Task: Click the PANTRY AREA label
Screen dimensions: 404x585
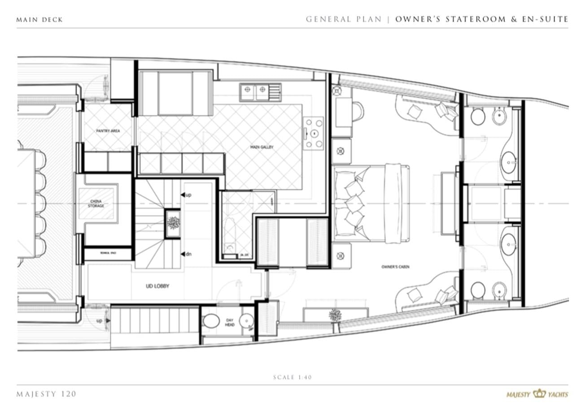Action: point(108,131)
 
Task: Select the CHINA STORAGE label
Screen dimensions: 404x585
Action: point(96,203)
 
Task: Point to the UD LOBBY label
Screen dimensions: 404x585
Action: point(157,286)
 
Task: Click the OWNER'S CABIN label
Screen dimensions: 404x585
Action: point(395,267)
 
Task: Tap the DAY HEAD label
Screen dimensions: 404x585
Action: point(229,322)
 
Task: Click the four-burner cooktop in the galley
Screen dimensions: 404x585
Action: point(313,133)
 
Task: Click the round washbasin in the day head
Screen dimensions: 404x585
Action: point(246,321)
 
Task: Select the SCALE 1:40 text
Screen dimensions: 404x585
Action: point(292,377)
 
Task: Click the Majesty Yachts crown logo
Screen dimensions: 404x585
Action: point(539,394)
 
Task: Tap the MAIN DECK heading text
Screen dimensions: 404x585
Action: point(39,20)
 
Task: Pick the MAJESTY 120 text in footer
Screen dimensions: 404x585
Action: point(46,394)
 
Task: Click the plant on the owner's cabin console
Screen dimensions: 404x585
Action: point(335,315)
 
